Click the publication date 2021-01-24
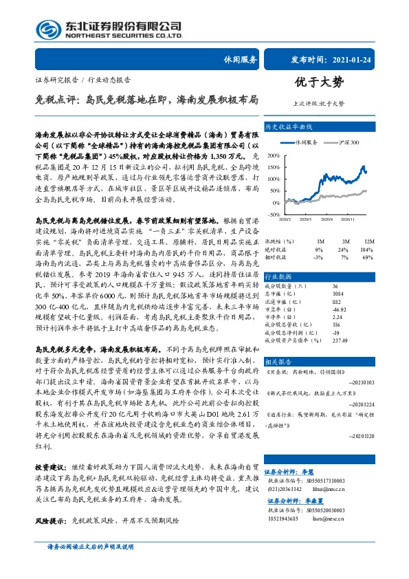pyautogui.click(x=358, y=59)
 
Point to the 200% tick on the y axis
pyautogui.click(x=272, y=153)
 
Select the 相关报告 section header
pyautogui.click(x=279, y=360)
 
